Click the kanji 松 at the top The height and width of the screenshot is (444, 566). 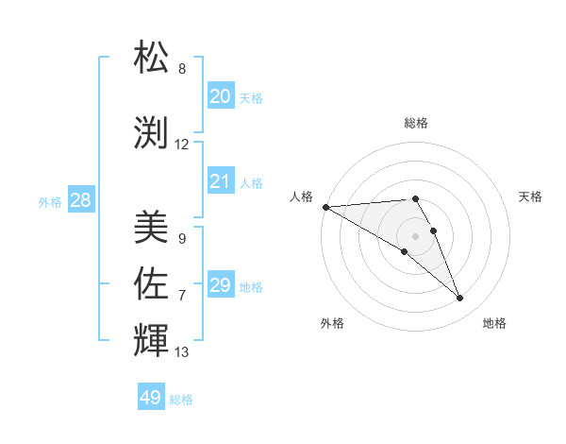point(153,59)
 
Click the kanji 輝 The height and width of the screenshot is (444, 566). point(153,340)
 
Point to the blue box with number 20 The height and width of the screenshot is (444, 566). point(221,96)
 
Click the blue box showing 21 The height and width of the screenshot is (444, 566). point(221,181)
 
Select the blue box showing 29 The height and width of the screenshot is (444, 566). point(221,285)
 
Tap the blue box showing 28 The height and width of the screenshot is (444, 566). point(80,200)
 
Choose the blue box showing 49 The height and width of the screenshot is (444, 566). point(151,398)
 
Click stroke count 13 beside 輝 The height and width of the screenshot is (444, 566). point(182,352)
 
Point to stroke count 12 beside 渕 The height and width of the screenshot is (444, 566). point(182,145)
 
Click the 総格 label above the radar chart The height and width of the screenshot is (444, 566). point(415,123)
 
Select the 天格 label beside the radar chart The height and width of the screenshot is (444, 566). point(530,196)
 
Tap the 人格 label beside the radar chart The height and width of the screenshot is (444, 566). point(301,196)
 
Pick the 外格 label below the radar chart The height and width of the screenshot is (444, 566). point(332,323)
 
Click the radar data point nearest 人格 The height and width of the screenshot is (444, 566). point(325,207)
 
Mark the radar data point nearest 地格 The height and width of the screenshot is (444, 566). point(459,299)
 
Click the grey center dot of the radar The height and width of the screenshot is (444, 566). point(415,235)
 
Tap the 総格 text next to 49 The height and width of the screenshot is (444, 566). point(181,400)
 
